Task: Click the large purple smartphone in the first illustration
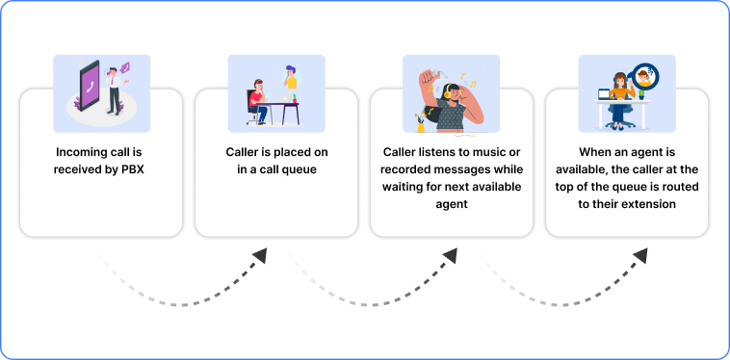click(x=90, y=86)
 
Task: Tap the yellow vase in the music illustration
click(x=420, y=123)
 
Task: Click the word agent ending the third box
click(x=451, y=205)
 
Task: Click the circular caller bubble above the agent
click(x=646, y=73)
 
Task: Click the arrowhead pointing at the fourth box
click(x=638, y=254)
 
